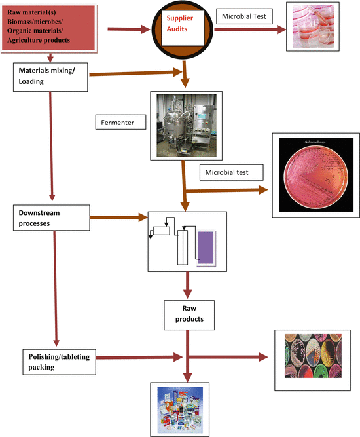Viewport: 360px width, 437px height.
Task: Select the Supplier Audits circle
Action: (186, 30)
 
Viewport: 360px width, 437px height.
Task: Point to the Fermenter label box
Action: (122, 123)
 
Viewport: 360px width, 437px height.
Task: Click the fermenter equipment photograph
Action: (182, 125)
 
